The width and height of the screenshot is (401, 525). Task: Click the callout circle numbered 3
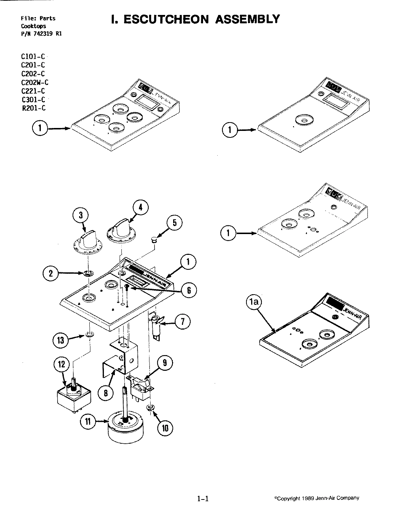point(81,215)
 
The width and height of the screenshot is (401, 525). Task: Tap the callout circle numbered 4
point(140,207)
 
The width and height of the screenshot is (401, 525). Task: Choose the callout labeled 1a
point(255,302)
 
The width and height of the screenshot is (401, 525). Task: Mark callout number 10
point(165,428)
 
